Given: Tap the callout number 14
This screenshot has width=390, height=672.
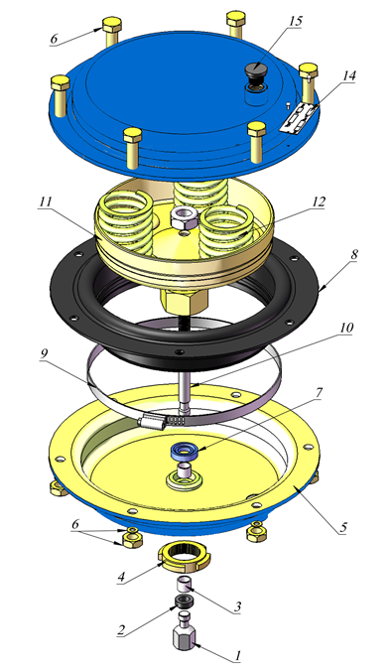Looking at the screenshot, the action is point(348,75).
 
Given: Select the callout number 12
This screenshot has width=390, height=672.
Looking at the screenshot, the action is point(319,202).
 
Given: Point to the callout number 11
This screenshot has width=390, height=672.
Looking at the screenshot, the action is point(45,202).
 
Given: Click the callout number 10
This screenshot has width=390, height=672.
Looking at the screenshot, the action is point(346,328).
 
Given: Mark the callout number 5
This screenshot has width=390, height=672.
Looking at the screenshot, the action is point(342,527).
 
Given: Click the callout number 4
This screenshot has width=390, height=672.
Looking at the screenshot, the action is point(121,577).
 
